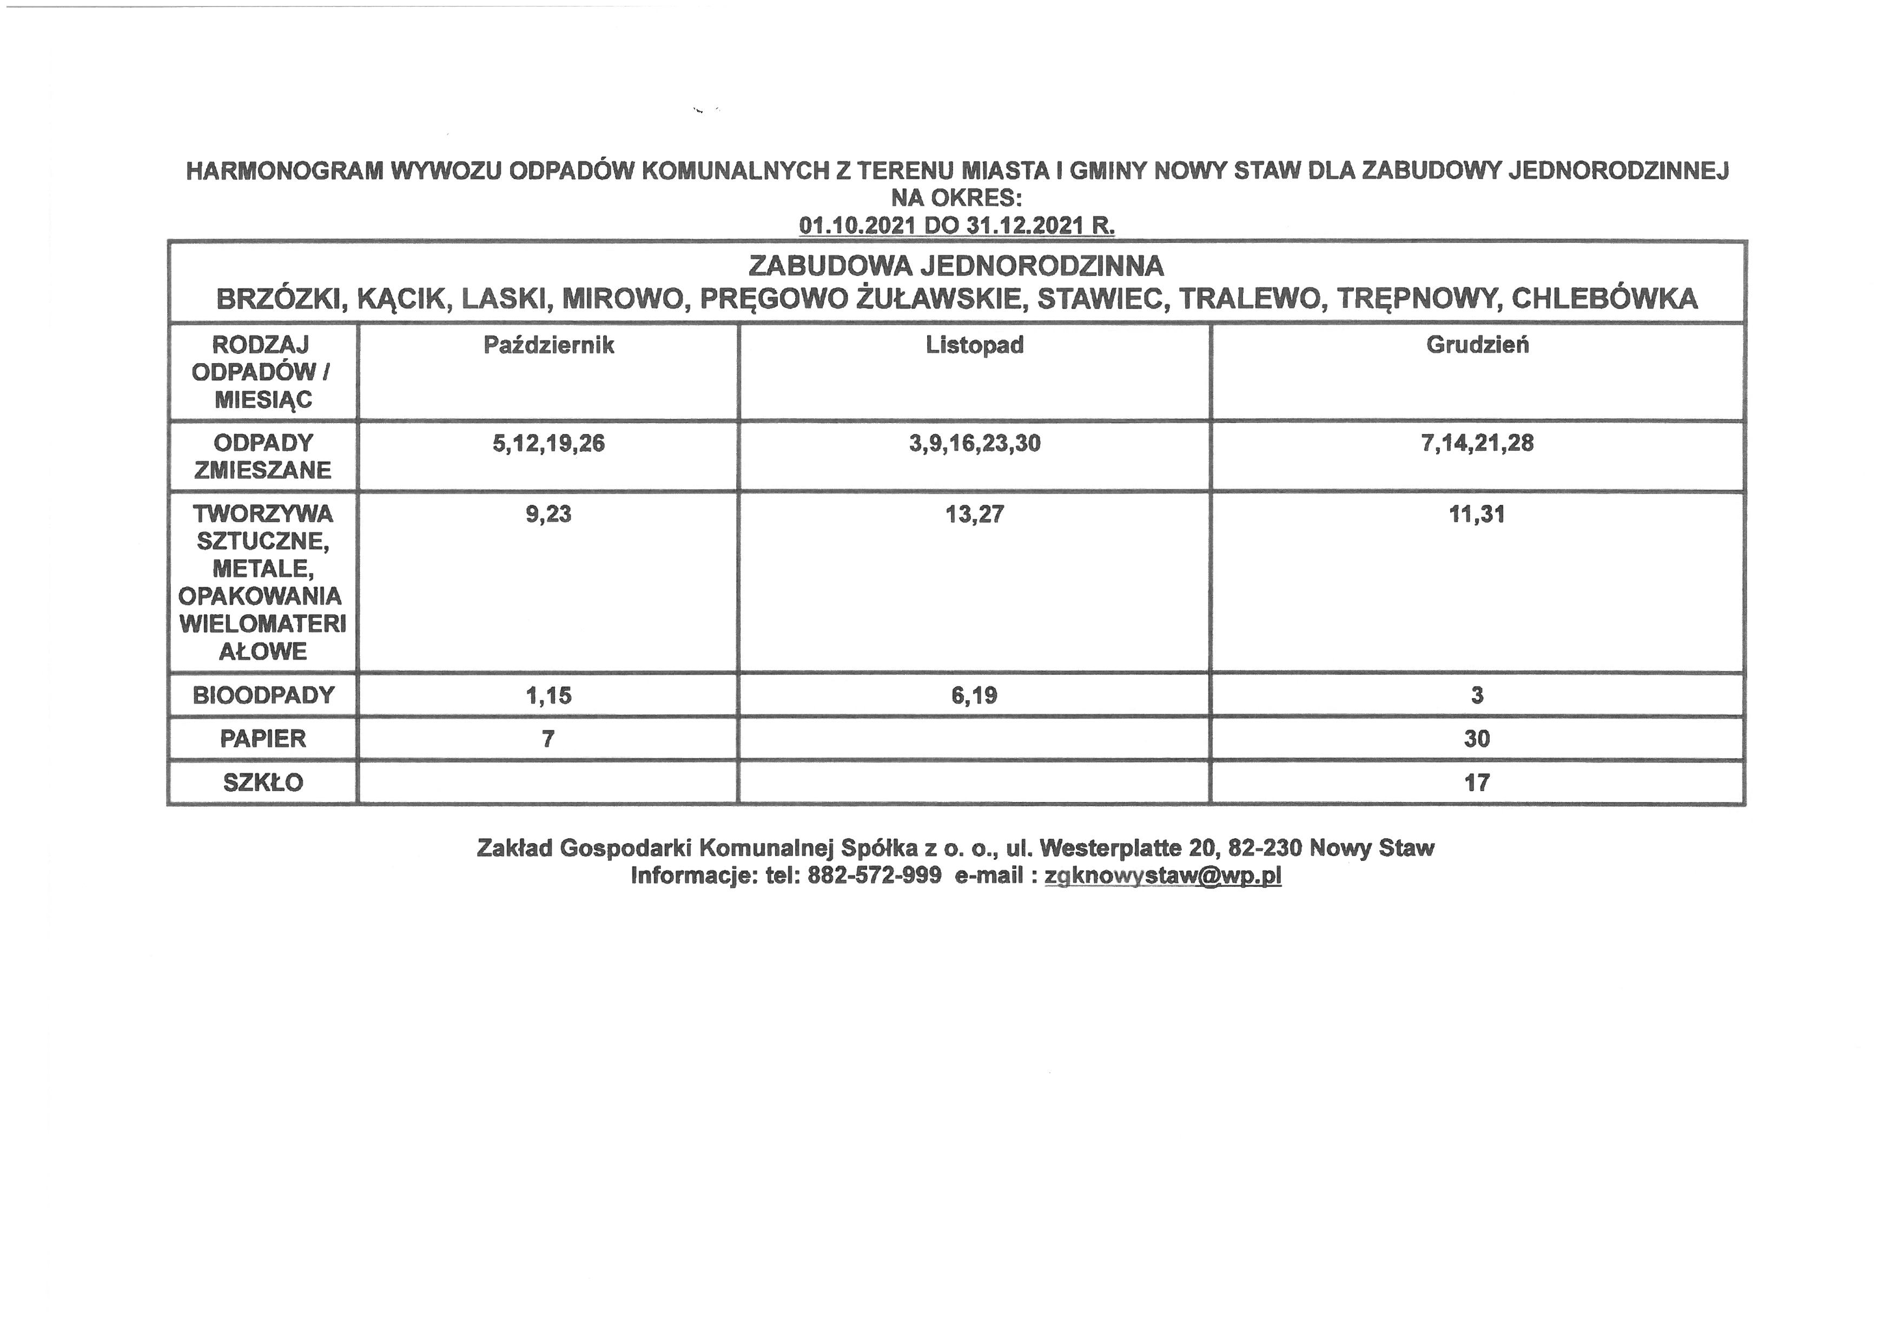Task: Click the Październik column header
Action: pos(548,345)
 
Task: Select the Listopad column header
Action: pos(974,345)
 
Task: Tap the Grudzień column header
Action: pos(1477,345)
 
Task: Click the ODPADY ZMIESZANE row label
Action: pos(263,456)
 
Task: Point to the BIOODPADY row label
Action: pos(263,695)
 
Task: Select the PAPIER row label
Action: pos(263,738)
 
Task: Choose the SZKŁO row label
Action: pos(263,782)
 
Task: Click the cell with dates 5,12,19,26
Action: pos(548,444)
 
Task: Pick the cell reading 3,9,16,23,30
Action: pos(974,444)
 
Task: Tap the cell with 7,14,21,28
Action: pos(1477,443)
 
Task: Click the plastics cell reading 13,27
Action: pos(974,514)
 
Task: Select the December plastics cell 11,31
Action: pos(1477,514)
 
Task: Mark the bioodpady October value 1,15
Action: pos(548,695)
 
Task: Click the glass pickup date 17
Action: pos(1477,782)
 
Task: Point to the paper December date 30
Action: pos(1477,738)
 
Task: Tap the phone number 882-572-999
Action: pos(874,875)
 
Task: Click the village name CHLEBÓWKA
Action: pos(1604,298)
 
